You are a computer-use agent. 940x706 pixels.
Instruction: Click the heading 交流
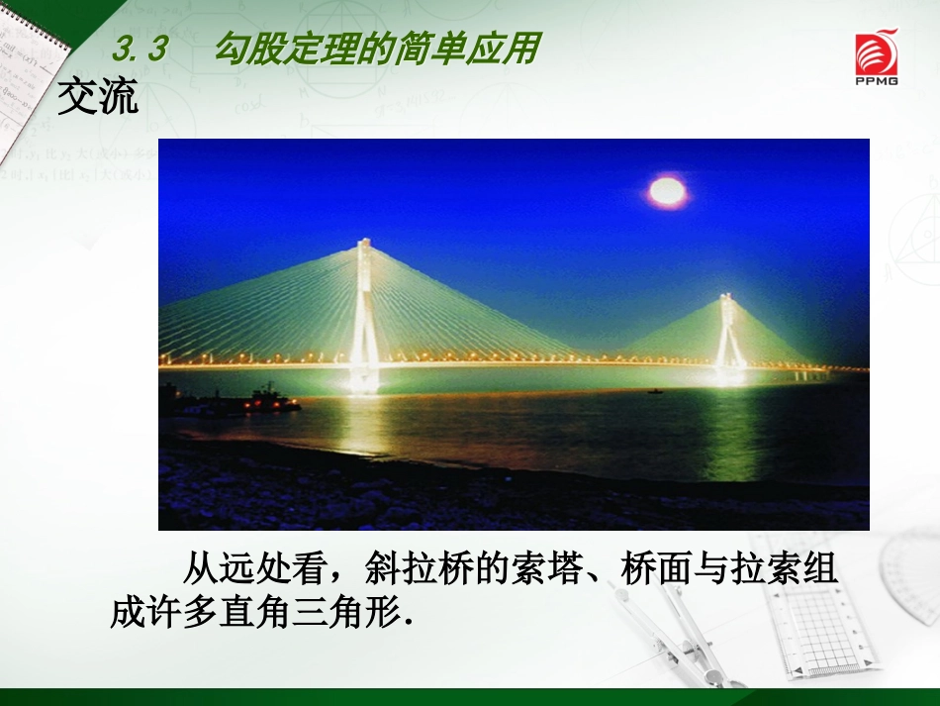[97, 97]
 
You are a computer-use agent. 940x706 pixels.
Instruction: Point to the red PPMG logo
[877, 57]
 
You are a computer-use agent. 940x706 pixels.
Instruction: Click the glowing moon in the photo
[667, 191]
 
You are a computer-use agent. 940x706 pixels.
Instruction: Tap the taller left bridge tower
[364, 307]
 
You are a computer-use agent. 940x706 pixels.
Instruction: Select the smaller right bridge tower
[729, 332]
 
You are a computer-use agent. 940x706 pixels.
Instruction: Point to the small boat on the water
[654, 391]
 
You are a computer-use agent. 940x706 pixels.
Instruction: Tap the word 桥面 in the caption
[656, 569]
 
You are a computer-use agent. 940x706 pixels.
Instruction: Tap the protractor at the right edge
[910, 574]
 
